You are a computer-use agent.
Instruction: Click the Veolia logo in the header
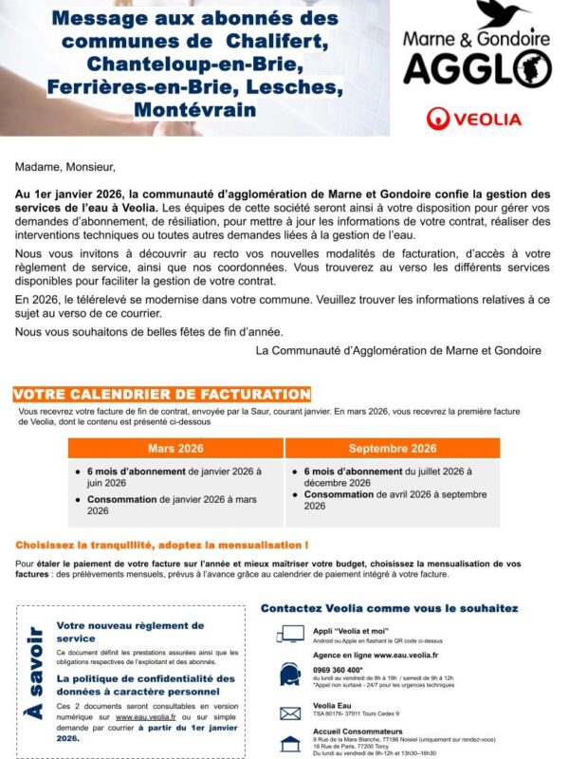click(474, 120)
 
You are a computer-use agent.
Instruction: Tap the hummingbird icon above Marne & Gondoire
click(503, 14)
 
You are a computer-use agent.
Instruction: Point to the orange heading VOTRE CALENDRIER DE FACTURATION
click(162, 394)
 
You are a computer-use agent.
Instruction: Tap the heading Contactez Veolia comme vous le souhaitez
click(389, 607)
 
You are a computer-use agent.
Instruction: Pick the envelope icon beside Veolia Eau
click(290, 713)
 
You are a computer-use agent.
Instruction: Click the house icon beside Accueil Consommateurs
click(290, 744)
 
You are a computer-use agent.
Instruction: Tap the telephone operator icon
click(290, 674)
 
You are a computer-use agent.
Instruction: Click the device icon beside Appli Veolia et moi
click(290, 633)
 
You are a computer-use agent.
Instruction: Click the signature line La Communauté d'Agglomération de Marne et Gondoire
click(399, 350)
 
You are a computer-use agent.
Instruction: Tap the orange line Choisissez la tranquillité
click(161, 546)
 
